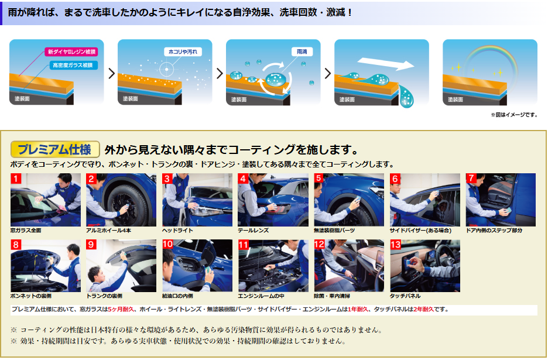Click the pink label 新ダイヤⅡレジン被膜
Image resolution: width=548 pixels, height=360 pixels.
coord(71,52)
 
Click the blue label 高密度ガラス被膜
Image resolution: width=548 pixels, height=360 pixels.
coord(73,65)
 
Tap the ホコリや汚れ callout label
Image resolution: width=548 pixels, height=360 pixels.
coord(183,52)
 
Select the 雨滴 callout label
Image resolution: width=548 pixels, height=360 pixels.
coord(302,52)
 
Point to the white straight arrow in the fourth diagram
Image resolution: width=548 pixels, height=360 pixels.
coord(385,63)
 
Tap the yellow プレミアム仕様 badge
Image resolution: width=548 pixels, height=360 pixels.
coord(55,150)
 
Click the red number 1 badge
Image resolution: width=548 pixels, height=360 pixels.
coord(16,179)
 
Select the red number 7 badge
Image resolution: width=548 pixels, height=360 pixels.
coord(471,179)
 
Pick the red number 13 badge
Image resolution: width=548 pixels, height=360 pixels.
coord(395,244)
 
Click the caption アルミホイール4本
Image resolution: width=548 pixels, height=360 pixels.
coord(109,230)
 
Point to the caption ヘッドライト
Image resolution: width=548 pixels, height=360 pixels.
coord(177,230)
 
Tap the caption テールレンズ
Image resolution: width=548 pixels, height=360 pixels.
coord(254,230)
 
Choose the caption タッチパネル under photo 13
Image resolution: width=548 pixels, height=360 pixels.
coord(405,296)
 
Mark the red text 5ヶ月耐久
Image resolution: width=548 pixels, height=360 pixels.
coord(121,309)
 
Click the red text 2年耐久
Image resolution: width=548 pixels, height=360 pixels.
coord(423,309)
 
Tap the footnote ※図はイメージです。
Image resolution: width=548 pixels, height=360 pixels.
coord(514,115)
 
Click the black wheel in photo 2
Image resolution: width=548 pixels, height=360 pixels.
coord(124,205)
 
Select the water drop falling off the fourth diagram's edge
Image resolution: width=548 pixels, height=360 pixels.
coord(406,96)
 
